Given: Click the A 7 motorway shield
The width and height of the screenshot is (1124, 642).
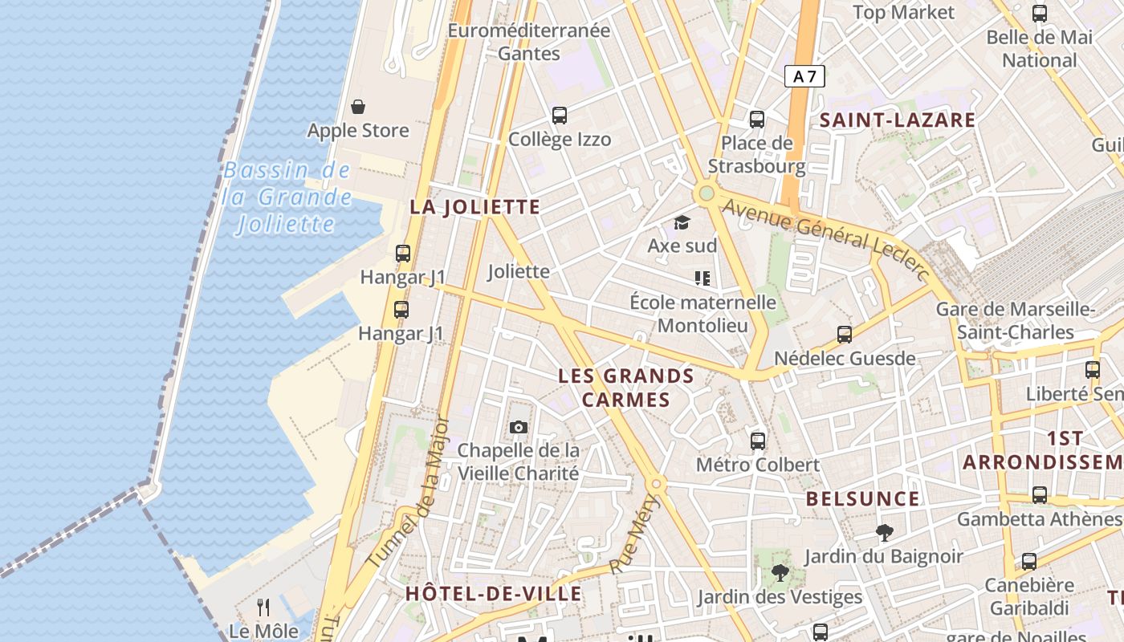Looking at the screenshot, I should (x=804, y=76).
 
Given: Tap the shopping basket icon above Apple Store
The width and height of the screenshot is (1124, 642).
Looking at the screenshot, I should (x=358, y=107).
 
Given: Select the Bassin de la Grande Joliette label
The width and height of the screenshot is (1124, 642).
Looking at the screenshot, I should (x=287, y=197).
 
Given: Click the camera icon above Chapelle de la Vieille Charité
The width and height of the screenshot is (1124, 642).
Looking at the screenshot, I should (x=519, y=427).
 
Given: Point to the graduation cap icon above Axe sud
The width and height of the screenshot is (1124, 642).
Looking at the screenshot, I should (x=682, y=222).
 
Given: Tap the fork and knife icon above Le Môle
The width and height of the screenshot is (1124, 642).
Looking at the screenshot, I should (x=263, y=607).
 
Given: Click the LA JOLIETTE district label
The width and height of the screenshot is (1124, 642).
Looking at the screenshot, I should (x=474, y=207).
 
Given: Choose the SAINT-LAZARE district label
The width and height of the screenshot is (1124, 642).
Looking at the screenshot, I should (x=897, y=120).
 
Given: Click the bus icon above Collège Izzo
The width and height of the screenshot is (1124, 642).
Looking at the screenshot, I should (x=560, y=116).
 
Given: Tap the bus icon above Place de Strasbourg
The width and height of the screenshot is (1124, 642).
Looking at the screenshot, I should (x=756, y=120).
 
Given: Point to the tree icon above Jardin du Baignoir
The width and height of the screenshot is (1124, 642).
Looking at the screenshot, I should (x=884, y=532).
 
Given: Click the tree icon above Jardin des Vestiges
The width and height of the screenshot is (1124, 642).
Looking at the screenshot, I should (x=779, y=572).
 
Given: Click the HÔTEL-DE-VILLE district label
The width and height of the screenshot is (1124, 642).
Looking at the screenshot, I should (x=493, y=594).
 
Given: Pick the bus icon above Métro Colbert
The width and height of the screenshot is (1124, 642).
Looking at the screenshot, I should (x=757, y=441).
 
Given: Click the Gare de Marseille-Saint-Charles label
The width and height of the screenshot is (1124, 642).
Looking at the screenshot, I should (x=1016, y=320).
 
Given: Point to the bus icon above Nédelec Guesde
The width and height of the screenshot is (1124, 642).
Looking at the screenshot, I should (x=844, y=335).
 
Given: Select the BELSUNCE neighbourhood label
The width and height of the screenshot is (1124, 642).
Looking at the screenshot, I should (x=862, y=498).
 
